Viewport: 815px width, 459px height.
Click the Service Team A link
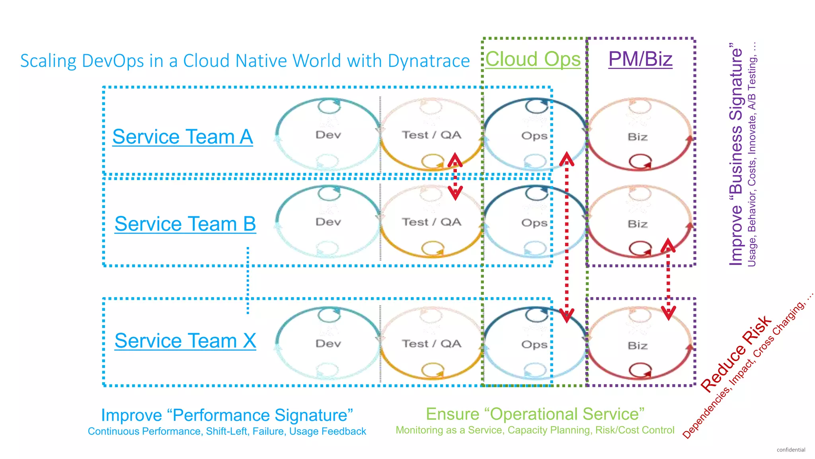(x=182, y=137)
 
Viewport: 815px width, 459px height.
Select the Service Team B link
(x=185, y=224)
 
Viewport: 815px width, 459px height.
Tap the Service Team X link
(x=185, y=341)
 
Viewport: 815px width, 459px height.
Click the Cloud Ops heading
(x=533, y=59)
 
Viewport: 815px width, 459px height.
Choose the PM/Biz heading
(x=640, y=59)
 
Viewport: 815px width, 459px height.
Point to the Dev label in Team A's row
(x=328, y=135)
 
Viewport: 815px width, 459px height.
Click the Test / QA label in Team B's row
(x=431, y=222)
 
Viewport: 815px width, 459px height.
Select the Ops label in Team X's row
(x=534, y=344)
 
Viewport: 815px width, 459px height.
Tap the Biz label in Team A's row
(x=638, y=137)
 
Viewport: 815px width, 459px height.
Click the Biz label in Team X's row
(x=638, y=345)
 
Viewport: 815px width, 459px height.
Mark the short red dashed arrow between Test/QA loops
(x=455, y=177)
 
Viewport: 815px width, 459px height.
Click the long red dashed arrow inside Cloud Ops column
(x=567, y=237)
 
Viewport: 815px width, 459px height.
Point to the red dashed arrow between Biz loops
(x=668, y=279)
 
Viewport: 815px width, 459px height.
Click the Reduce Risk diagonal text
(x=736, y=354)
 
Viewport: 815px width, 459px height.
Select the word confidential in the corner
(x=791, y=450)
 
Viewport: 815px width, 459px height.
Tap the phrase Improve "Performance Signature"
(x=227, y=415)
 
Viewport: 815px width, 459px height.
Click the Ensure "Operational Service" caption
(x=535, y=414)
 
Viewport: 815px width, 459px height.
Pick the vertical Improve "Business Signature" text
(x=736, y=155)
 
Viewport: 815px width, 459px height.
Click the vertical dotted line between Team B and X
(x=248, y=280)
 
